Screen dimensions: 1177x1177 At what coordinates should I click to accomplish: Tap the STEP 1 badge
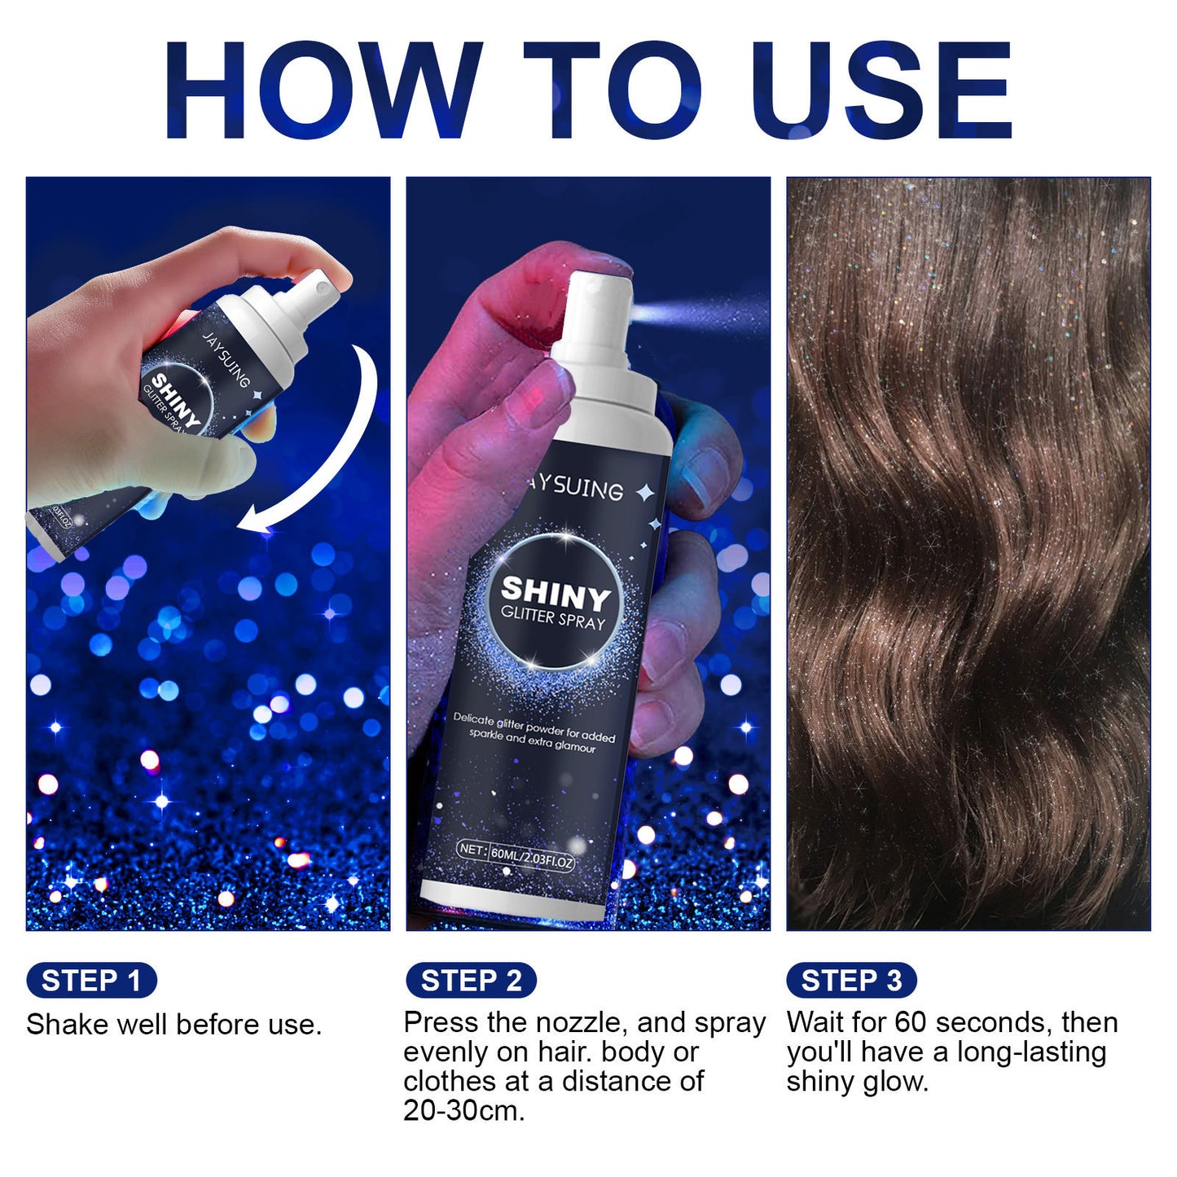91,980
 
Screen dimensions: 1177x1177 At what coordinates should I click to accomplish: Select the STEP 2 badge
471,980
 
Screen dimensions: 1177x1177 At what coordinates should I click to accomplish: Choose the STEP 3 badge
851,980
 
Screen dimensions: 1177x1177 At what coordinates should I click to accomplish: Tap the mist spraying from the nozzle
700,313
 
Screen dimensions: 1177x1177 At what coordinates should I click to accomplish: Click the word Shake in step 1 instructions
67,1024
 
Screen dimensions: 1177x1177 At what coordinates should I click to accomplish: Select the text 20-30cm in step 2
463,1110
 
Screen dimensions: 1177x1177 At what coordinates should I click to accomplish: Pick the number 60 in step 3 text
910,1022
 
